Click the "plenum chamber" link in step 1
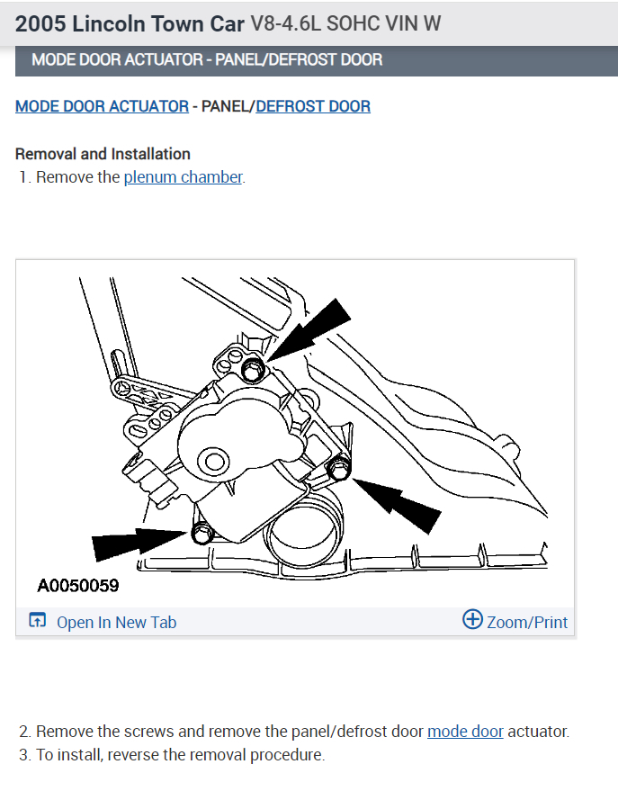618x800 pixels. coord(183,177)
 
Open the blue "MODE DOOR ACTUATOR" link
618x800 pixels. coord(102,106)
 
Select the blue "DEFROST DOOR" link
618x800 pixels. coord(313,106)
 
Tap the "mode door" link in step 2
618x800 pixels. coord(465,732)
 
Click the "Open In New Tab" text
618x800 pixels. coord(116,622)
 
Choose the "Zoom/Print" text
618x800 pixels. coord(527,622)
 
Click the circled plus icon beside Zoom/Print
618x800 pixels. coord(472,620)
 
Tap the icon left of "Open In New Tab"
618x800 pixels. coord(37,621)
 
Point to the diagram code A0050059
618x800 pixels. coord(78,586)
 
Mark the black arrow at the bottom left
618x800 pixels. coord(133,544)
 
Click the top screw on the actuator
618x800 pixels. coord(255,368)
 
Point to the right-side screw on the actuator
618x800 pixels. coord(338,468)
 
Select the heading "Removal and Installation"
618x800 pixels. coord(103,154)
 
